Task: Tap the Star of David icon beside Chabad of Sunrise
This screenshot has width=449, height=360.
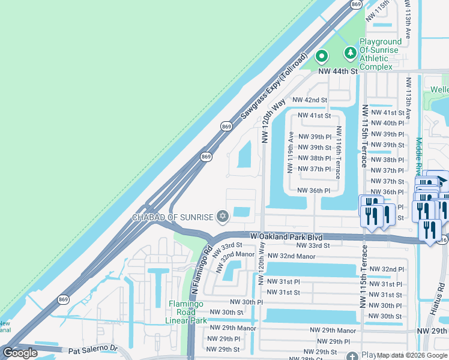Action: tap(223, 216)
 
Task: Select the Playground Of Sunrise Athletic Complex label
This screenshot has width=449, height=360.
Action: tap(379, 54)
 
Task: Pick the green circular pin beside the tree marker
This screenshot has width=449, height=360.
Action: tap(322, 57)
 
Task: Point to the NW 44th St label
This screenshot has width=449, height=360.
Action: tap(337, 71)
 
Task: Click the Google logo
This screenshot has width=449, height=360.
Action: tap(20, 353)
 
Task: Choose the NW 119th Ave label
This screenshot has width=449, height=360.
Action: tap(291, 152)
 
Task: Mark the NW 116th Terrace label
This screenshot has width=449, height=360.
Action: tap(339, 152)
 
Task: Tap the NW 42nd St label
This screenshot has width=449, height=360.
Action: tap(310, 100)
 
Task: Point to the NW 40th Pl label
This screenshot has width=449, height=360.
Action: tap(387, 123)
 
